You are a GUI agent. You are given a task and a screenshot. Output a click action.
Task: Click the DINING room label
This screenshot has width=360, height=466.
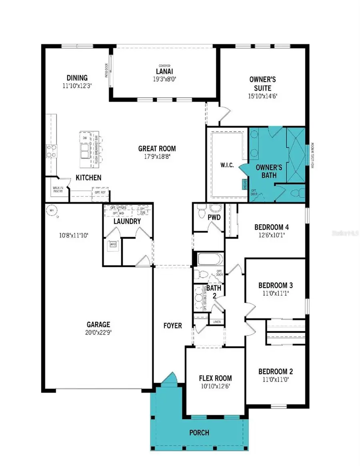(77, 78)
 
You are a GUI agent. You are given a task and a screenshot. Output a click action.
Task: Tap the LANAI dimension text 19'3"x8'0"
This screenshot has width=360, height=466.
(164, 79)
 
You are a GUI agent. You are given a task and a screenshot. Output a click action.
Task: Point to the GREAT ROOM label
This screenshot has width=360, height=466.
(157, 149)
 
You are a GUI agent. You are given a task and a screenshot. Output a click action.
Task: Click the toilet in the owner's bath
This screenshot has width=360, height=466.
(296, 194)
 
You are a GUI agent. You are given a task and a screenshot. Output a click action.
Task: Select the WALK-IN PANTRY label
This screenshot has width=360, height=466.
(57, 189)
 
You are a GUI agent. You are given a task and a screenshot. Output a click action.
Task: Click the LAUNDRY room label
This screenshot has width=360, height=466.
(126, 221)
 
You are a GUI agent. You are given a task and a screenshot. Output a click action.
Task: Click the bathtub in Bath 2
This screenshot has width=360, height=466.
(210, 259)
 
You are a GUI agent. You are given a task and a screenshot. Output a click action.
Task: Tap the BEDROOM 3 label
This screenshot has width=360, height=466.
(275, 285)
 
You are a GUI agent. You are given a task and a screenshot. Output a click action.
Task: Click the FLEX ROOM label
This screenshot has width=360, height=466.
(215, 378)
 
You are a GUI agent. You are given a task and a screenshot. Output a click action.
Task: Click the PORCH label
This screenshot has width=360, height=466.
(199, 433)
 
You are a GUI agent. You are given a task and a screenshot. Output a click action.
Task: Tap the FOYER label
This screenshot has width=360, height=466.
(172, 326)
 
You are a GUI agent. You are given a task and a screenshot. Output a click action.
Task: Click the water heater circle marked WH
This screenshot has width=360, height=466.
(51, 210)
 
